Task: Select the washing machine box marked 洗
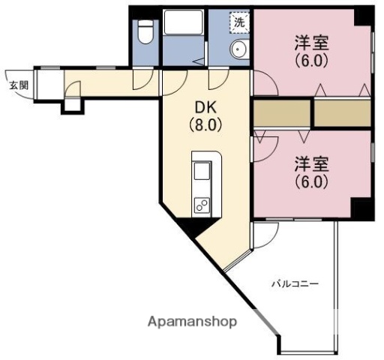tap(239, 22)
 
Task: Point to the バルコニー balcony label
tap(295, 284)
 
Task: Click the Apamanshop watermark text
tap(192, 322)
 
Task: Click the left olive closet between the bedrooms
tap(281, 113)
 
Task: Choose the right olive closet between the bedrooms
tap(342, 113)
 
